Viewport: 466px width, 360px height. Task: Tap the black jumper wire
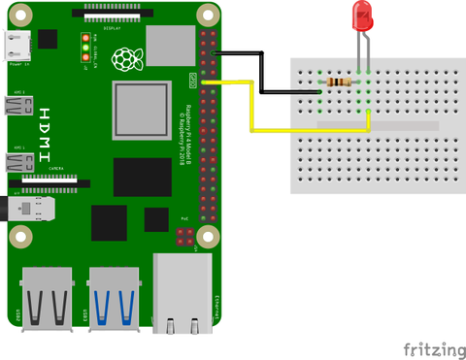262,73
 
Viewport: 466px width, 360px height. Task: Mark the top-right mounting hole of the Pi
206,16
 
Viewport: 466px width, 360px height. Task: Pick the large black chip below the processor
142,178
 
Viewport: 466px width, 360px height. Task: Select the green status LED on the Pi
86,47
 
